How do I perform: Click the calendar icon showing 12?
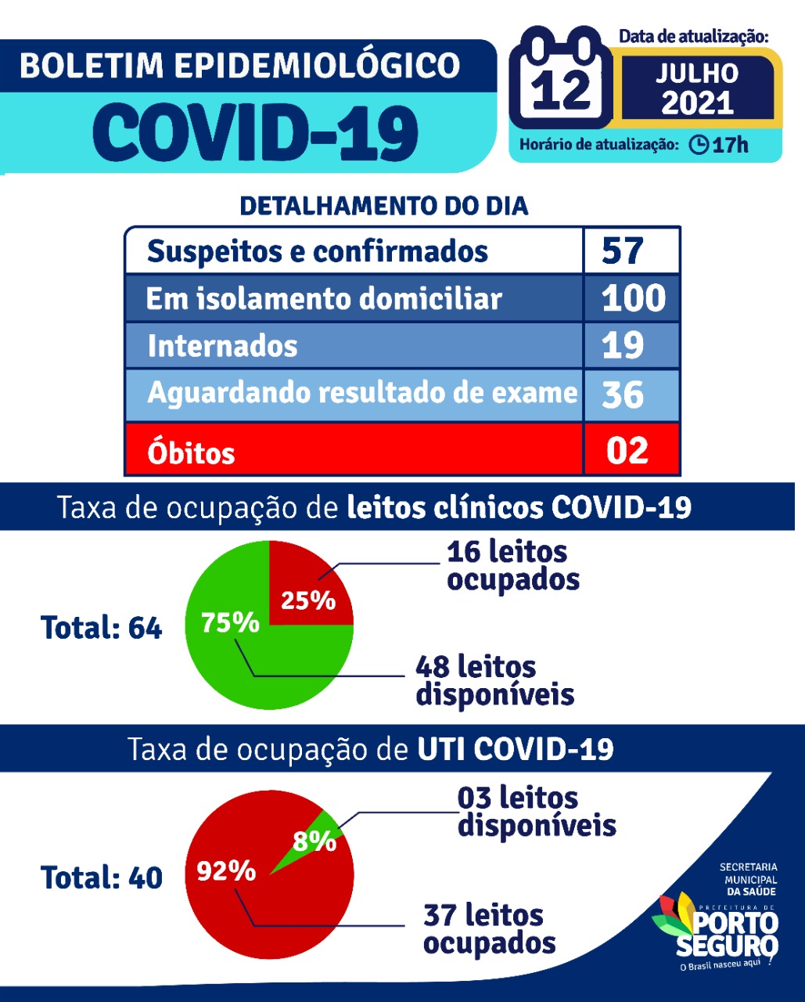click(562, 82)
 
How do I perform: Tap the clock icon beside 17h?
click(699, 145)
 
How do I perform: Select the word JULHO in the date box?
click(696, 74)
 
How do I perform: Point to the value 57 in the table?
click(623, 250)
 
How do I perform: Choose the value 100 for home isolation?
click(633, 298)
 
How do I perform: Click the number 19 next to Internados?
click(623, 345)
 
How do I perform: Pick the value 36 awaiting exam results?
click(623, 394)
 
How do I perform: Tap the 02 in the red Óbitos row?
click(627, 450)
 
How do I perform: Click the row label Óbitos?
click(191, 452)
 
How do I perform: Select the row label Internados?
click(222, 346)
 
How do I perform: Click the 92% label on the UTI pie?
click(226, 870)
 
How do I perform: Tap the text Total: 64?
click(101, 628)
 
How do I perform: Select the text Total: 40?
click(101, 878)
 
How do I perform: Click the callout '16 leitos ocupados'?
click(512, 565)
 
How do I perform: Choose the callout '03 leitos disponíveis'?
click(537, 812)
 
